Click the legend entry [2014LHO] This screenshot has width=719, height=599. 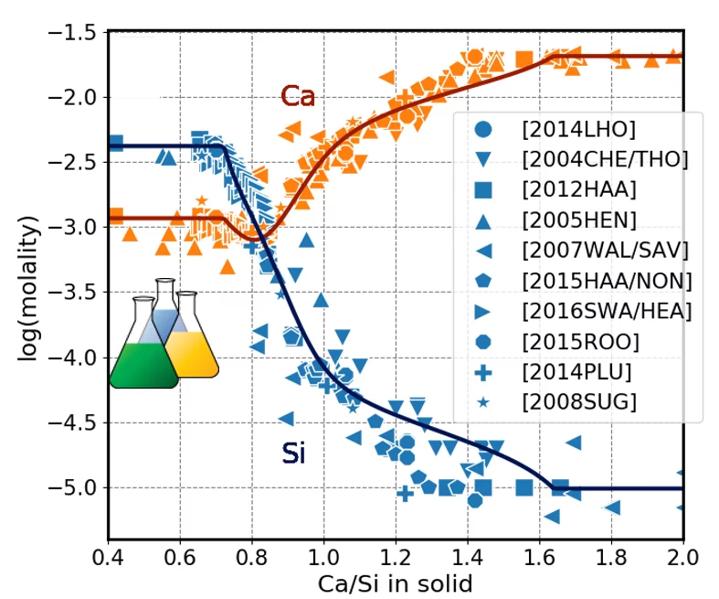(x=579, y=129)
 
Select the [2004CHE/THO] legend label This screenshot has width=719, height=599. (x=605, y=159)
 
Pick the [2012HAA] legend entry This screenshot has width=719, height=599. (x=577, y=189)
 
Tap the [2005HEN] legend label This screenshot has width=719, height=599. (x=578, y=219)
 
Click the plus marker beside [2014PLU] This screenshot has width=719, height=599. (x=484, y=371)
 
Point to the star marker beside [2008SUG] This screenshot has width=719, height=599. (x=484, y=401)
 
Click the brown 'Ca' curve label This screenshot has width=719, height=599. (x=297, y=96)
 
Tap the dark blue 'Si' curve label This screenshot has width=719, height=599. (x=293, y=454)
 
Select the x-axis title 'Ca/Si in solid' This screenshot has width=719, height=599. (x=395, y=583)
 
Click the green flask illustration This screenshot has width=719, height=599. (x=143, y=352)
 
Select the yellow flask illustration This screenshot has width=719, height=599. (x=193, y=343)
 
